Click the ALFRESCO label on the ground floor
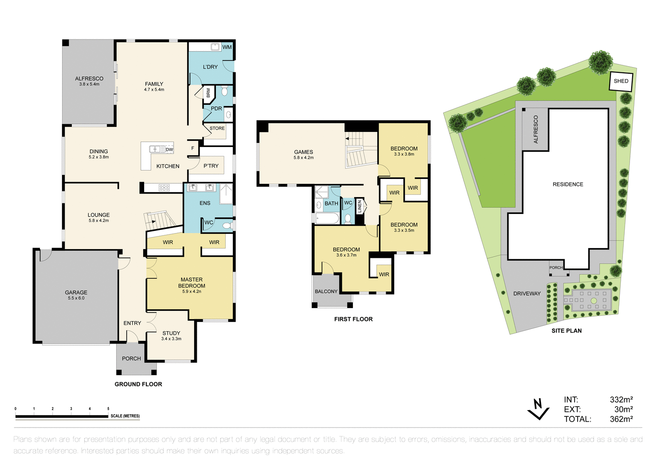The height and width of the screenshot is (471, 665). click(89, 79)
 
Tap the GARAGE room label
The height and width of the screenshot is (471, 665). click(76, 293)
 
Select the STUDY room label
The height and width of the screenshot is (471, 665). click(171, 333)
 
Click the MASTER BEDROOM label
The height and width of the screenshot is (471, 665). click(192, 283)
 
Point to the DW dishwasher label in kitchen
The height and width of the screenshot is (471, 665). click(169, 150)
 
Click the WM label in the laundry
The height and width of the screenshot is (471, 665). click(227, 47)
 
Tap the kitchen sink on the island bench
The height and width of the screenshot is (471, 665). click(155, 149)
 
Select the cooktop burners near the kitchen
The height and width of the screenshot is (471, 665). click(164, 188)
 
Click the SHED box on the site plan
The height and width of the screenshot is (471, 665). click(621, 81)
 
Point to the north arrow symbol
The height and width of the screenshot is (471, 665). click(538, 409)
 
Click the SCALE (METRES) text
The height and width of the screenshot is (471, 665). click(125, 416)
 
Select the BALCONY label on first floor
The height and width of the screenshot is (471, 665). click(326, 292)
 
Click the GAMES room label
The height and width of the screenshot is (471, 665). click(304, 152)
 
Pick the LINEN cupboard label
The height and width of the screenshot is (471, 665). click(360, 206)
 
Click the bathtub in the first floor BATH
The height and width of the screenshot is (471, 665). click(327, 218)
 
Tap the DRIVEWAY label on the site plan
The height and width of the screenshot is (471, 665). click(527, 293)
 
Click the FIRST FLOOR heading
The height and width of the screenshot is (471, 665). click(353, 319)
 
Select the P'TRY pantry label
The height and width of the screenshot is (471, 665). click(211, 166)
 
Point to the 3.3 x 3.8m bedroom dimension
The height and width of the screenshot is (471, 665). click(404, 154)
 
